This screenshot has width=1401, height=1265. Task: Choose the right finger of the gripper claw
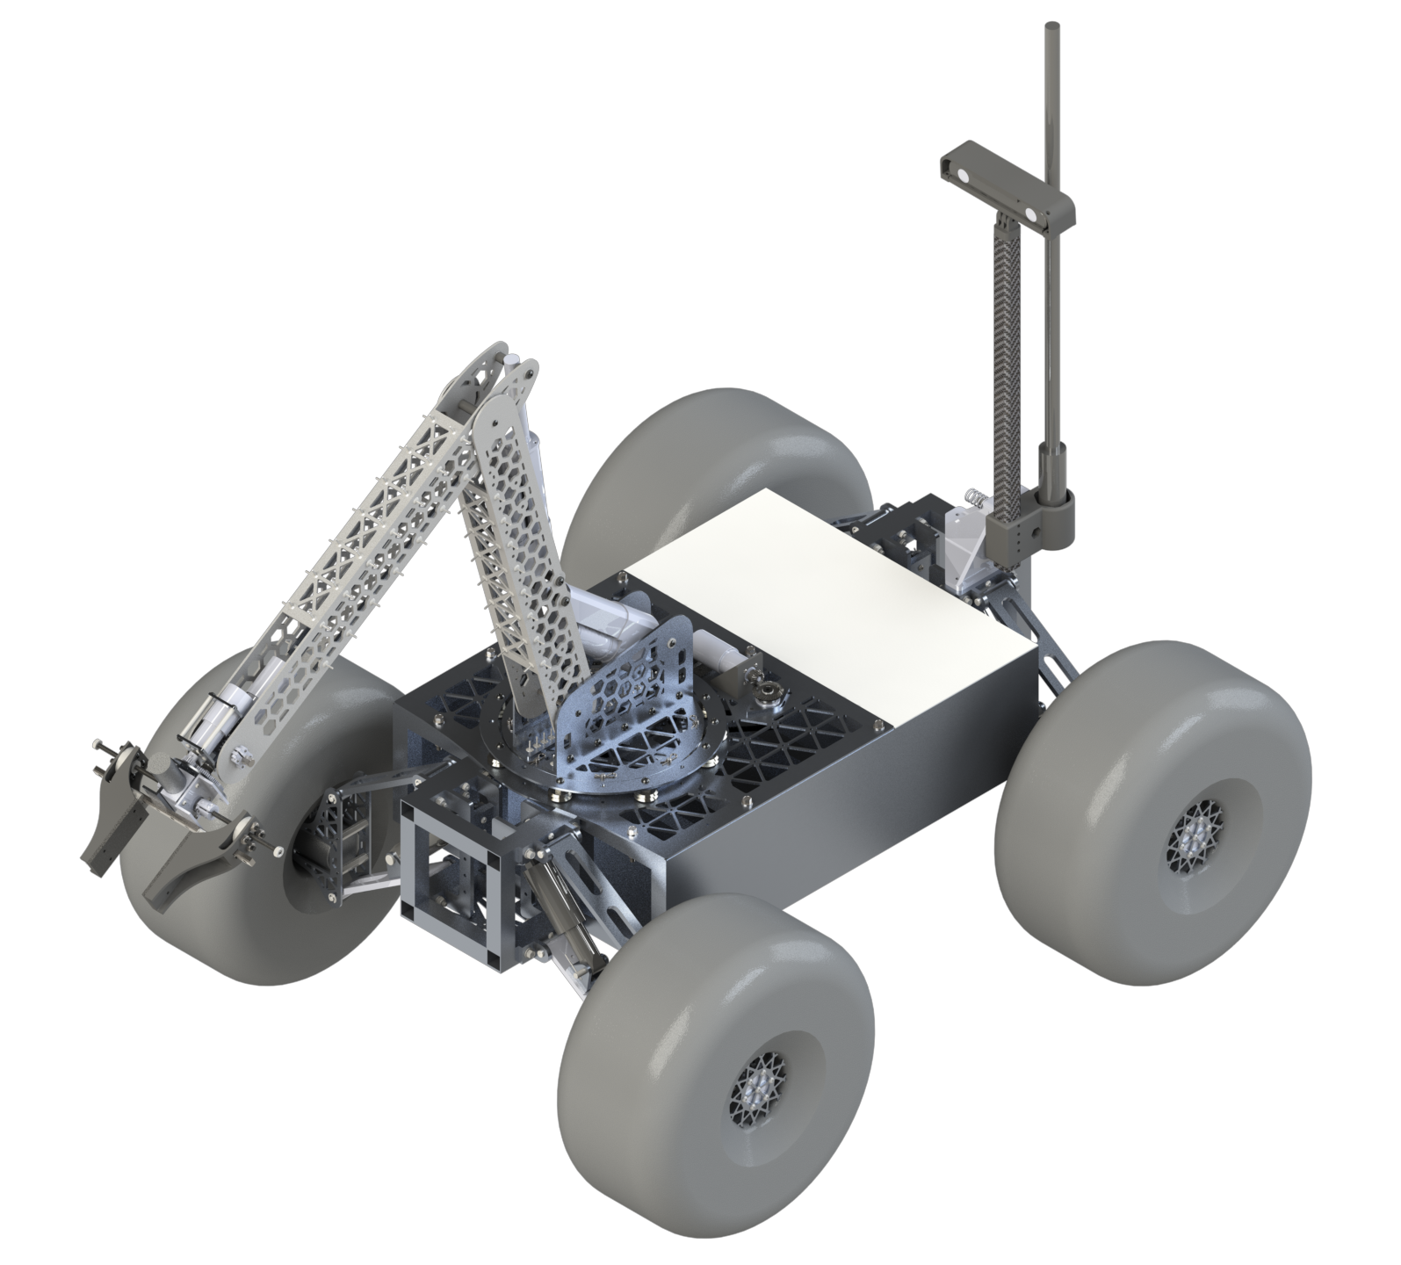(x=198, y=865)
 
